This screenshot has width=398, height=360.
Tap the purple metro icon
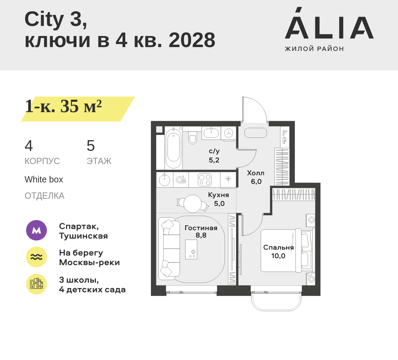click(x=36, y=230)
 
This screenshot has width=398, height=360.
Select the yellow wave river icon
click(x=36, y=257)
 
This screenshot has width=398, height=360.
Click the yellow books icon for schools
click(x=36, y=284)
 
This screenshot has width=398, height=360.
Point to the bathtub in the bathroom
click(x=173, y=148)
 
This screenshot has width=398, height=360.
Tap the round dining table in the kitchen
click(x=192, y=204)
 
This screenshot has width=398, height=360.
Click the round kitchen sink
click(x=164, y=180)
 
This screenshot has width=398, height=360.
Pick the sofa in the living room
click(x=169, y=249)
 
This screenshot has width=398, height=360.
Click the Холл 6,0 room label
click(x=256, y=177)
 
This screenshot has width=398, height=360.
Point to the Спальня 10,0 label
click(x=278, y=252)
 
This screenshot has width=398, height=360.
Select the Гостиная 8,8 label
click(x=201, y=232)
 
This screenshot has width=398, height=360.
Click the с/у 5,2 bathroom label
click(x=214, y=155)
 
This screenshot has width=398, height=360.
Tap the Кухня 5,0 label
click(x=219, y=199)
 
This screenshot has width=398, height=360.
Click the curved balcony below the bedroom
click(x=276, y=301)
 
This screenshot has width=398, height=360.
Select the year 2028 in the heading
click(x=192, y=40)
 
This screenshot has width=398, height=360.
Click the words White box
click(x=44, y=179)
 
